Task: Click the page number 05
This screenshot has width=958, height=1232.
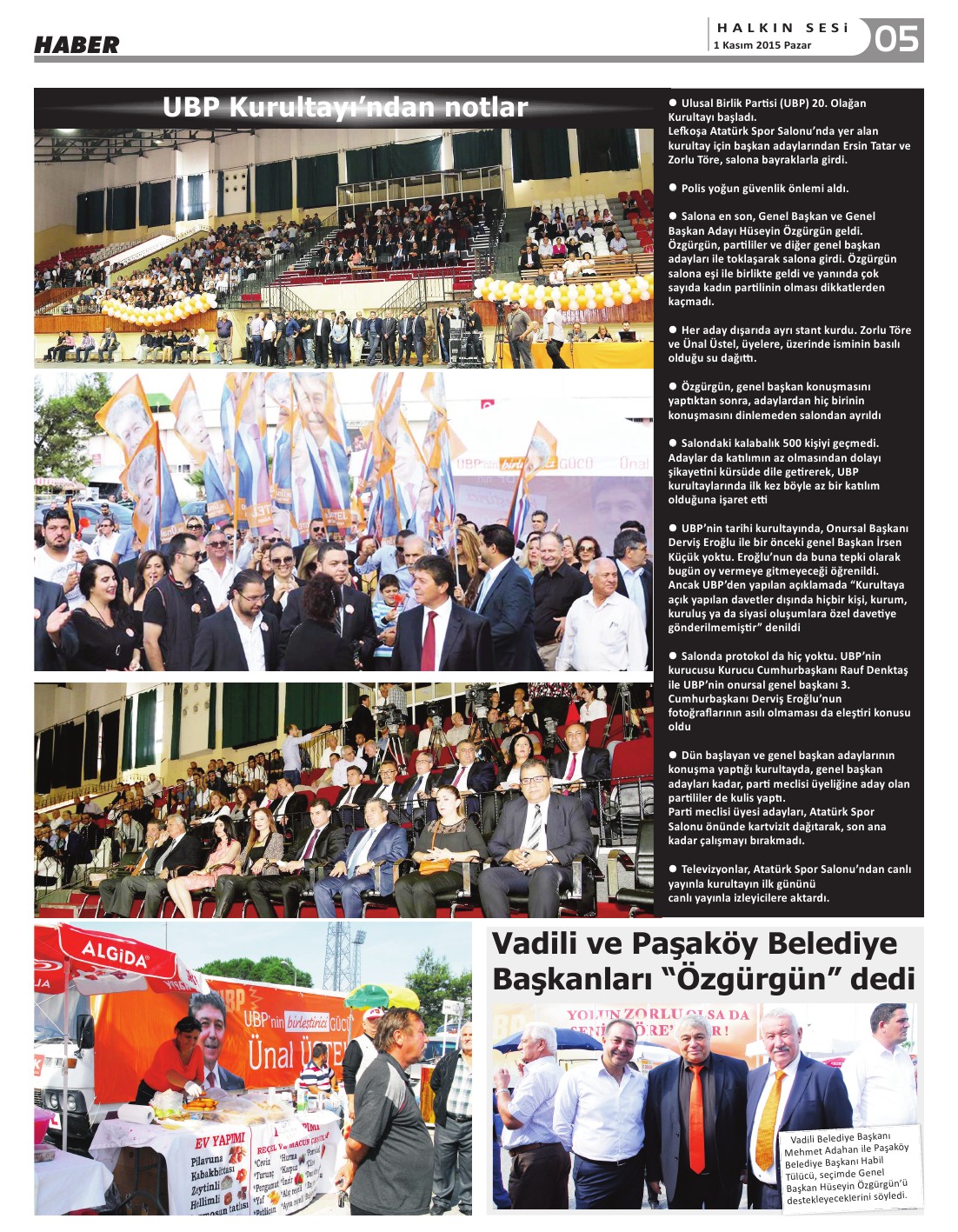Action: (x=896, y=39)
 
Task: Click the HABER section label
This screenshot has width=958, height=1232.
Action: (x=77, y=45)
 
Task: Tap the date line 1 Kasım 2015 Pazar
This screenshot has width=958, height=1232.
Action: (x=762, y=45)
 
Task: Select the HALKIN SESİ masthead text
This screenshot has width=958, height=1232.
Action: (x=782, y=28)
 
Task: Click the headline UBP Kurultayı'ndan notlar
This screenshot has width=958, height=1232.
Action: (x=345, y=107)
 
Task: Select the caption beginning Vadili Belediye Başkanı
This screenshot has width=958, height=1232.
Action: (x=846, y=1168)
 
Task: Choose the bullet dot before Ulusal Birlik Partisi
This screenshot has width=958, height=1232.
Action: (x=673, y=103)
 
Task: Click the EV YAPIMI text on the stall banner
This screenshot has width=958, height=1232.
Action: (x=219, y=1142)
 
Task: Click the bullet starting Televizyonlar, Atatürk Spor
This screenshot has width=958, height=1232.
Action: (x=789, y=882)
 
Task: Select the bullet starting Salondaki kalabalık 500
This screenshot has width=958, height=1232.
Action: (x=774, y=471)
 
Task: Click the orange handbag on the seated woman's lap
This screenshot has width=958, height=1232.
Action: (x=436, y=865)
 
